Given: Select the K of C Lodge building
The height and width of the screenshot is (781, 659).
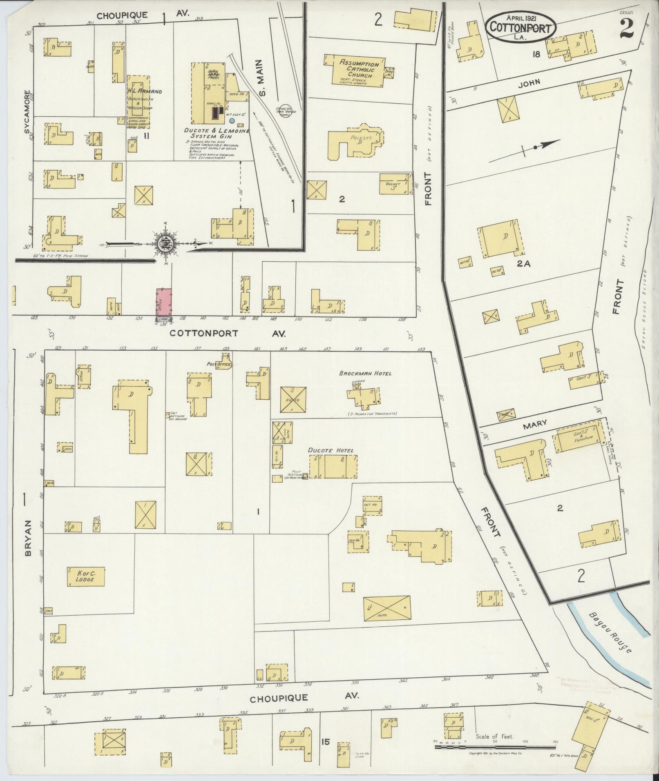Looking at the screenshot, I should pos(86,576).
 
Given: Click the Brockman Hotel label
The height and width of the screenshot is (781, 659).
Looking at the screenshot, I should pos(365,373).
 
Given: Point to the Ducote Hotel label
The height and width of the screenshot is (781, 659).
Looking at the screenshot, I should pos(331,450).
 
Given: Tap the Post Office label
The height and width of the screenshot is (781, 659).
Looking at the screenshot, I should pos(219,364).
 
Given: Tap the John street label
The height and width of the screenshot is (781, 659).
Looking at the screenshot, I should pos(529,82).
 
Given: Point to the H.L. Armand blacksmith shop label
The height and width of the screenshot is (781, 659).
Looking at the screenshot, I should pos(144,91).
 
